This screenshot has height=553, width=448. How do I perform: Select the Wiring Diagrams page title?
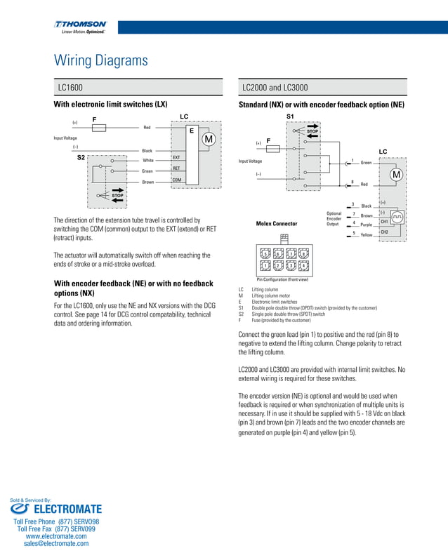pos(101,60)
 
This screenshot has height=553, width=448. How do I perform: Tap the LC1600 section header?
pos(70,88)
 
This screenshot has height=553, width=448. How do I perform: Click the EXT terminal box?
pos(177,158)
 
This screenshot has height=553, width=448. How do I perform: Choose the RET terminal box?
pos(177,168)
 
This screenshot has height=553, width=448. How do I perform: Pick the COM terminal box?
pos(177,180)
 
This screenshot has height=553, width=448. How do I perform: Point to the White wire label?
pos(147,161)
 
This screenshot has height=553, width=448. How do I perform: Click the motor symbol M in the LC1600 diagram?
pos(208,140)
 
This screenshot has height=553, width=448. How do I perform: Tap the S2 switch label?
pos(81,159)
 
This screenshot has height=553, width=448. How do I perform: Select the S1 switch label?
pos(291,116)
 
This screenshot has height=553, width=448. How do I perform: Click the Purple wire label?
pos(366,225)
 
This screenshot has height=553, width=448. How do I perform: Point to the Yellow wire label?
pos(366,235)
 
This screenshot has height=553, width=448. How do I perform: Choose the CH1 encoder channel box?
pos(384,222)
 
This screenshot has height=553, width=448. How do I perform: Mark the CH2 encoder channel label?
pos(384,232)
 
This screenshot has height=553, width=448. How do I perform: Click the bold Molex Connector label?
pos(277,224)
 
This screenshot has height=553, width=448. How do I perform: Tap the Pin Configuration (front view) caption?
pos(282,280)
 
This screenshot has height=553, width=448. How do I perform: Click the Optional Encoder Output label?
pos(334,218)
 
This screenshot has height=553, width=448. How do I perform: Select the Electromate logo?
pos(56,508)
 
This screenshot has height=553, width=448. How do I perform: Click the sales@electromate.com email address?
pos(56,543)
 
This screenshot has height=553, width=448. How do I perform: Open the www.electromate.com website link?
pos(56,536)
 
